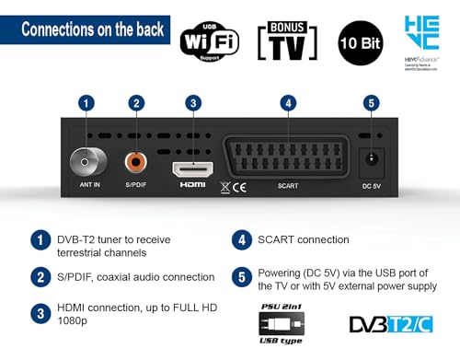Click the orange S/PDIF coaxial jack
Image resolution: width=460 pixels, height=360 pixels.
point(137,164)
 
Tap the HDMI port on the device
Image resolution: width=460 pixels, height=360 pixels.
point(192,168)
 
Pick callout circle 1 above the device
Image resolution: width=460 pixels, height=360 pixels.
point(87,103)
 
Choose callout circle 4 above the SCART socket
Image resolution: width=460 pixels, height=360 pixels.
point(289,103)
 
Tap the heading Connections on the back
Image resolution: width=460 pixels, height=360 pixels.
point(92,29)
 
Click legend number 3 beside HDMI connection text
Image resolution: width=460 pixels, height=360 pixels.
point(40,312)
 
